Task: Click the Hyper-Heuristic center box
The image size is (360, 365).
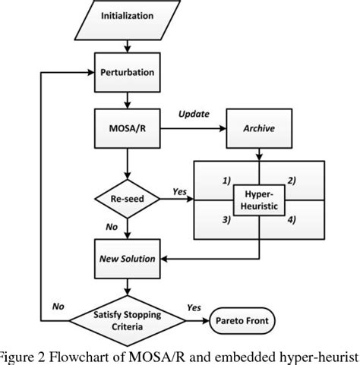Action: coord(259,201)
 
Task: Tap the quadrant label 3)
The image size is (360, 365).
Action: coord(225,221)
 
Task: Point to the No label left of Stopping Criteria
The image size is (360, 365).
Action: coord(55,307)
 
